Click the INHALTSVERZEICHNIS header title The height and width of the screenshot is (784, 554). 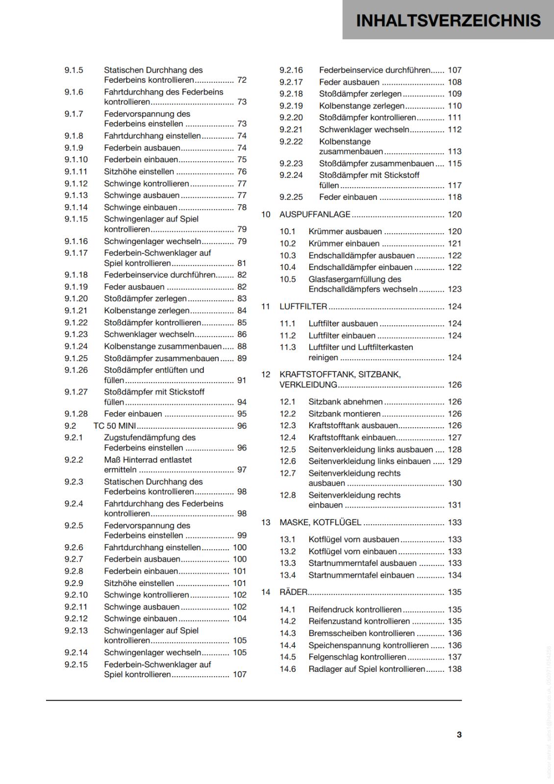click(448, 20)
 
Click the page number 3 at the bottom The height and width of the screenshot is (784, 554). click(459, 735)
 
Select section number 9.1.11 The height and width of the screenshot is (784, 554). click(76, 171)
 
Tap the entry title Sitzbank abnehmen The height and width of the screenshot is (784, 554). click(345, 402)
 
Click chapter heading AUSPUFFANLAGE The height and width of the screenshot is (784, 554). click(315, 214)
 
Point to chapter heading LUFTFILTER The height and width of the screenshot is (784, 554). click(303, 306)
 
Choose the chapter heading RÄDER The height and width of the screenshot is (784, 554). click(293, 592)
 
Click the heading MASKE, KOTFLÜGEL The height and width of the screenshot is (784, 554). click(320, 522)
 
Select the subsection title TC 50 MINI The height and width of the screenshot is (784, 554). click(115, 426)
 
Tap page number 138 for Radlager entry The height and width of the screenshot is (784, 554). click(454, 669)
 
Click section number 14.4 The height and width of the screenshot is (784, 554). click(288, 645)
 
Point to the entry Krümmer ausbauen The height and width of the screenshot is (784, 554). click(345, 231)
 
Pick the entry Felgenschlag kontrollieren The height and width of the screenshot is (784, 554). click(357, 657)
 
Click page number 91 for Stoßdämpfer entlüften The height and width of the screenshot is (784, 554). click(242, 380)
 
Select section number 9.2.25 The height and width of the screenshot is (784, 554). click(291, 197)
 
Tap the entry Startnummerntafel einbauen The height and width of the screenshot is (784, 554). click(361, 575)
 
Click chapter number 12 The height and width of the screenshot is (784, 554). click(266, 374)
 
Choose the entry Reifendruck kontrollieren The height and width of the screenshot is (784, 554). click(354, 610)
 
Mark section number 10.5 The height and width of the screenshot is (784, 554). click(288, 279)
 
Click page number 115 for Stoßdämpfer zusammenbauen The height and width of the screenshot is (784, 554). click(454, 163)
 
